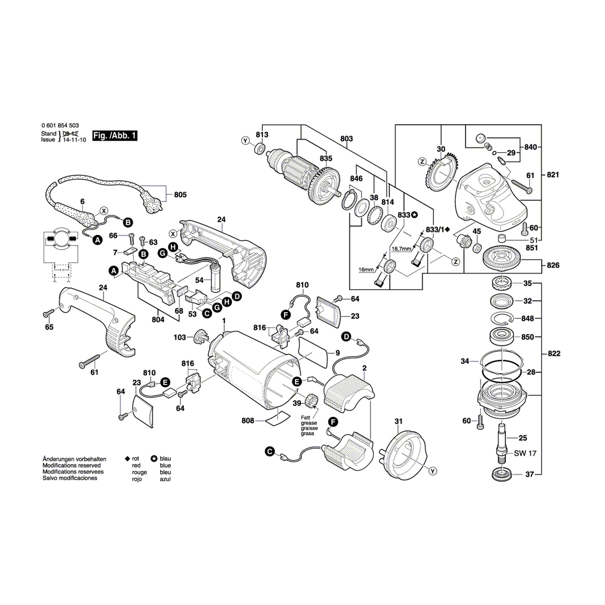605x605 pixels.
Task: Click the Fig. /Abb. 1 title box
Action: (x=115, y=136)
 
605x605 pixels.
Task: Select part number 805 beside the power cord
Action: (x=180, y=195)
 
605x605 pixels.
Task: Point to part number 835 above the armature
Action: (x=326, y=159)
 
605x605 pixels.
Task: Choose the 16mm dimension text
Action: (x=366, y=269)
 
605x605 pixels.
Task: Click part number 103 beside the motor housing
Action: (x=180, y=337)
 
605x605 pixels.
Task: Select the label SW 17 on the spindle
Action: (x=525, y=453)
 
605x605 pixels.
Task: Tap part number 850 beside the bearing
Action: (x=528, y=337)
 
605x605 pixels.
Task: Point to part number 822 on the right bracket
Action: (x=554, y=354)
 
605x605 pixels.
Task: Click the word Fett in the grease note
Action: (x=305, y=417)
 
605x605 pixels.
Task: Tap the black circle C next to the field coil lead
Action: (x=269, y=452)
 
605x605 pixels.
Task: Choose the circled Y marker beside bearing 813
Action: (x=245, y=141)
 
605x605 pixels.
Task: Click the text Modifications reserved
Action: (x=72, y=465)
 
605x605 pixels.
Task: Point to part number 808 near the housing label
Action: (x=248, y=420)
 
